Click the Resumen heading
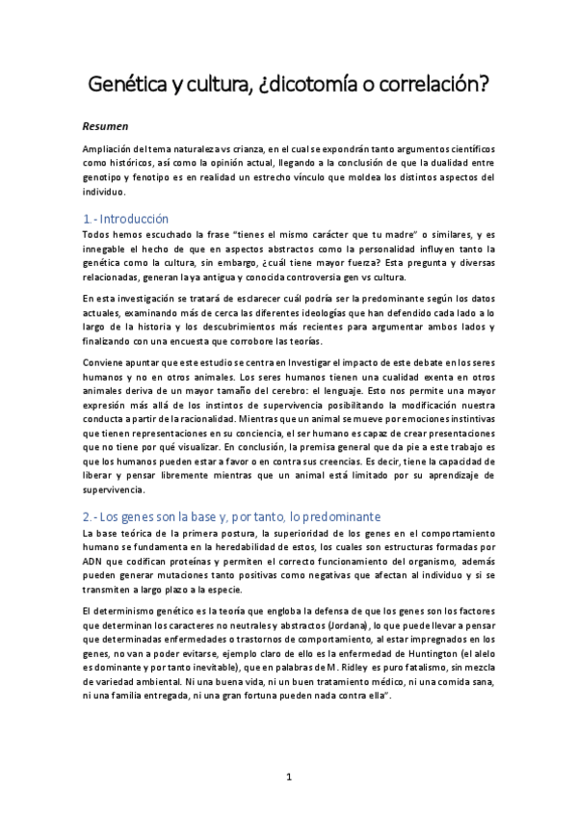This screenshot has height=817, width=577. tap(105, 125)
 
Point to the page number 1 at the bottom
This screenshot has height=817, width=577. tap(289, 777)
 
